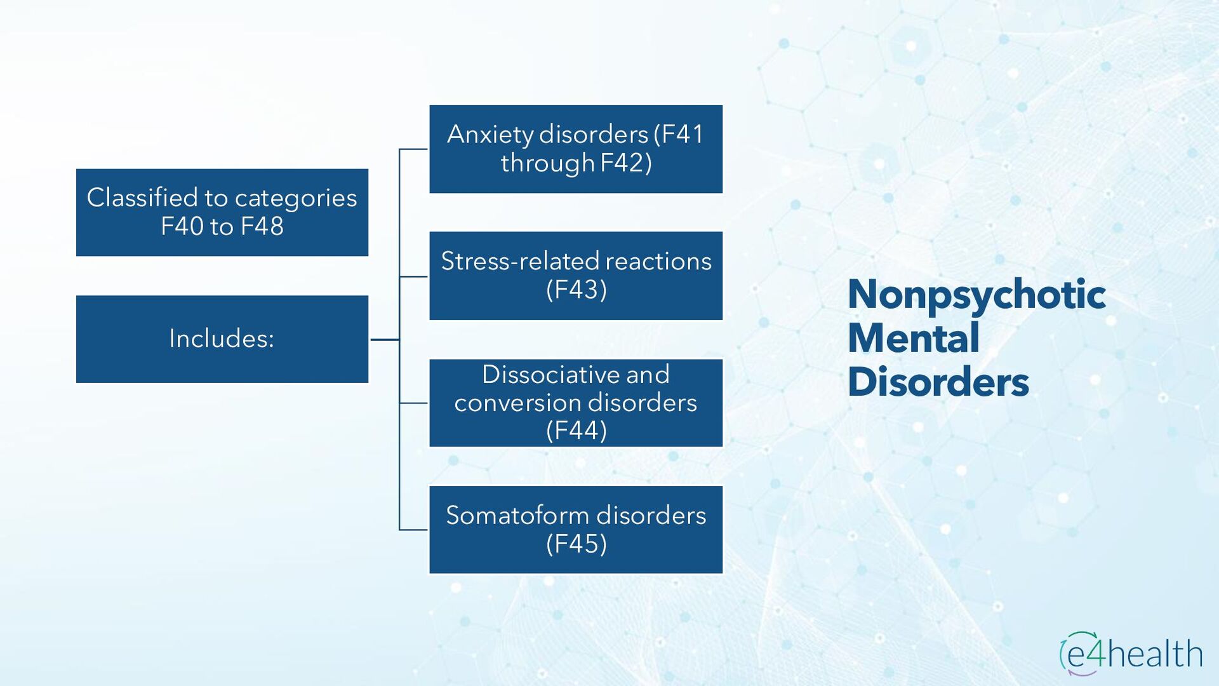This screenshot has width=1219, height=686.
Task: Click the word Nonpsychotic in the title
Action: click(x=976, y=295)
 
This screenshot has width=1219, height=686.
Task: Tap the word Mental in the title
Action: click(x=913, y=338)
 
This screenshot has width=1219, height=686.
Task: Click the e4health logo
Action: click(x=1131, y=653)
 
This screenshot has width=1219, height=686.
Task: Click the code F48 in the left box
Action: click(x=262, y=226)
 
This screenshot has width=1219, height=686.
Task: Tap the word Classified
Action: click(x=142, y=198)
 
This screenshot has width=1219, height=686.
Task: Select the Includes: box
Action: click(x=222, y=339)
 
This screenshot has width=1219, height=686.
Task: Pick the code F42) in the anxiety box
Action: click(x=625, y=163)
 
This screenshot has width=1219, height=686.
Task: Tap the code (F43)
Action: click(x=576, y=290)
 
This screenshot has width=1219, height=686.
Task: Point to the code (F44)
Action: click(x=576, y=431)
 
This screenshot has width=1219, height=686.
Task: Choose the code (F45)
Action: click(x=576, y=544)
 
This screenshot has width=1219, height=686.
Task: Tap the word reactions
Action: click(x=658, y=261)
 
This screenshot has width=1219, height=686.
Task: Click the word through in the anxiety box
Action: click(x=547, y=164)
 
